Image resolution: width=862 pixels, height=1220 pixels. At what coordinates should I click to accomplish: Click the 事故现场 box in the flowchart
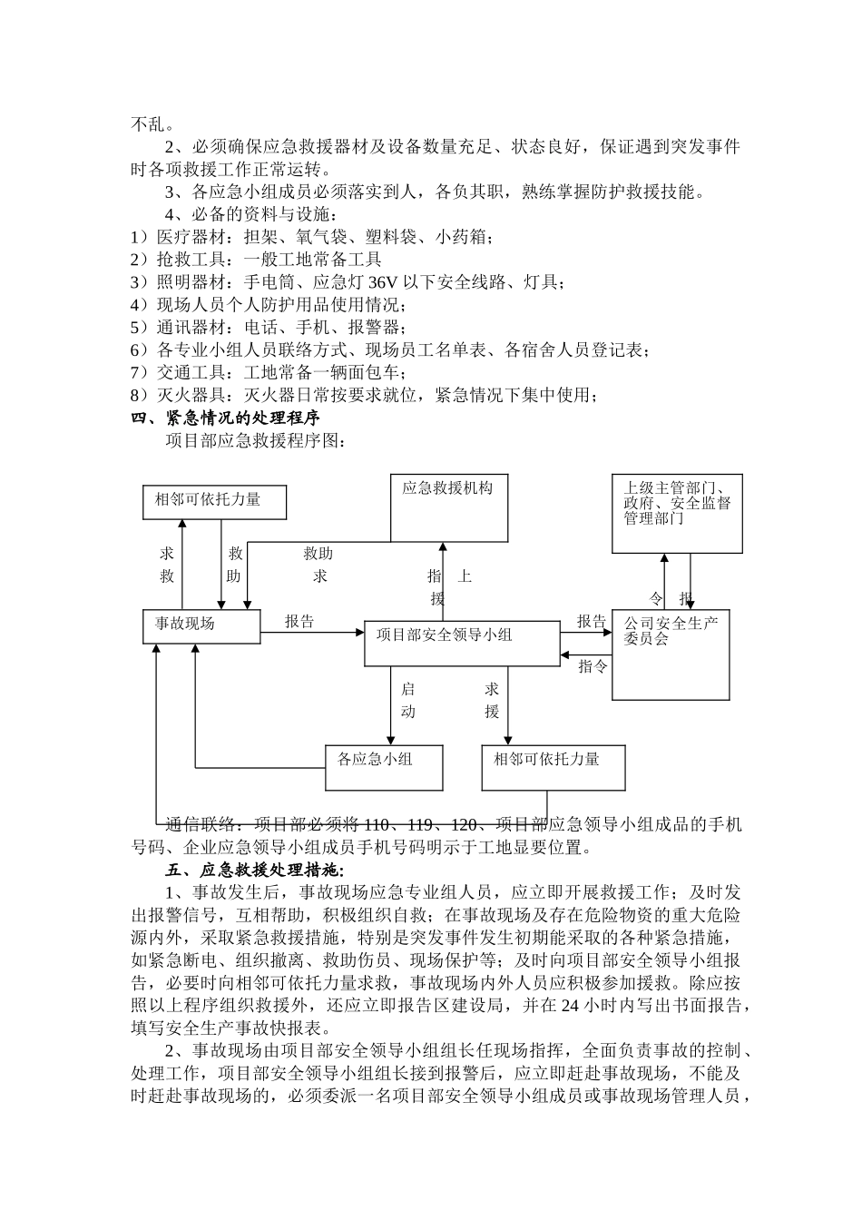point(201,627)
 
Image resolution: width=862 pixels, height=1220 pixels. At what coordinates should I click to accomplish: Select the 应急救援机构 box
point(448,507)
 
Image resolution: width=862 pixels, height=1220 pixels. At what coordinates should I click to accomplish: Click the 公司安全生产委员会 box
point(671,654)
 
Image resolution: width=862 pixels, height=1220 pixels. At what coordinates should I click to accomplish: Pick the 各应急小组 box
point(384,767)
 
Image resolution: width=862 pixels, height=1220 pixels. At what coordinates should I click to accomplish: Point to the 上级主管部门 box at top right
point(677,513)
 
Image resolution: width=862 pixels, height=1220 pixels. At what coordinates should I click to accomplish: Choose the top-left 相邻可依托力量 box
point(214,501)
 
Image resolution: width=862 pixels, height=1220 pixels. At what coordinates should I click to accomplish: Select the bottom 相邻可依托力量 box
point(553,767)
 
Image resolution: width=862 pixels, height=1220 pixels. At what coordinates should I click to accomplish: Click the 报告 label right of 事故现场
point(299,622)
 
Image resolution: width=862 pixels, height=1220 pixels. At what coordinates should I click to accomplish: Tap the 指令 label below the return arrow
point(593,667)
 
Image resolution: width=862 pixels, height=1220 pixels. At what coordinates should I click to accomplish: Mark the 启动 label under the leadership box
point(408,701)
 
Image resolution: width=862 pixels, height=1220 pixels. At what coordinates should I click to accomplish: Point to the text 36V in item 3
point(377,282)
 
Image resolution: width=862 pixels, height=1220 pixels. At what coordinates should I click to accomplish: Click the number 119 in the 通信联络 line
point(420,825)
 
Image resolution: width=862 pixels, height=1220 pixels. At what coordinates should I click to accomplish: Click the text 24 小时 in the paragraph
point(593,1006)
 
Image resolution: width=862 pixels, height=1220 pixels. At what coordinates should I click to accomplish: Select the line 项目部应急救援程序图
point(255,440)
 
